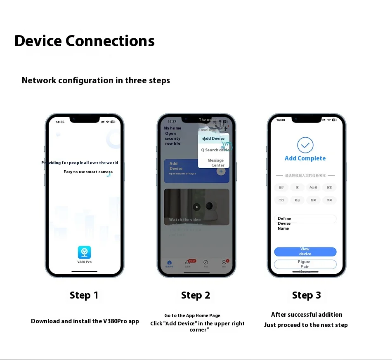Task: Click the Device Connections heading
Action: [85, 41]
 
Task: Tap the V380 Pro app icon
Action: [85, 252]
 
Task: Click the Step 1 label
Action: [84, 295]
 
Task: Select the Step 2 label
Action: [196, 295]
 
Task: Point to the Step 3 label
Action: [306, 295]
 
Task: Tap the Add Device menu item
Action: [214, 139]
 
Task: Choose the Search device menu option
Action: [215, 150]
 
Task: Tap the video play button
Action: [197, 207]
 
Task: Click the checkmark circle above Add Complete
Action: [305, 145]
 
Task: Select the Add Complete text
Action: [305, 158]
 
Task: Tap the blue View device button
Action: [305, 252]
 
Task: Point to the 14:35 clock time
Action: [60, 122]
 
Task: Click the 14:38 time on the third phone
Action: [281, 120]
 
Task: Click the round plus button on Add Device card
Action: [221, 171]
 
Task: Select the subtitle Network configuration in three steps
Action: [96, 80]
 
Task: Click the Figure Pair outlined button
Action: [305, 264]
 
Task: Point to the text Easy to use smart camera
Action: [88, 172]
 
